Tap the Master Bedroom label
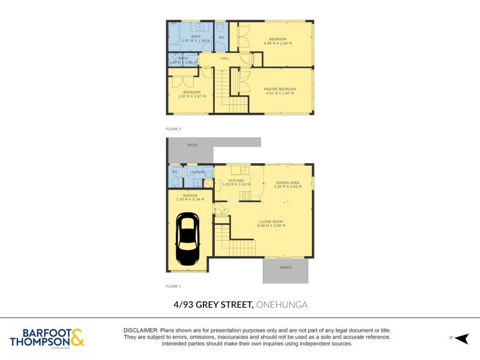tap(280, 89)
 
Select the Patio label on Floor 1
tap(192, 145)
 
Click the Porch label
tap(285, 267)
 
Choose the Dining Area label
tap(288, 182)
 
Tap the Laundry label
tap(198, 172)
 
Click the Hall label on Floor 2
tap(225, 58)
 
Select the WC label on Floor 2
tap(221, 37)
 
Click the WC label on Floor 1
tap(175, 172)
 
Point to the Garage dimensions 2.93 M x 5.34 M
tap(190, 199)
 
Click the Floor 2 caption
tap(173, 128)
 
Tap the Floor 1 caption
tap(173, 287)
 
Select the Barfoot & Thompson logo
tap(47, 338)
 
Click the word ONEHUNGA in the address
tap(281, 305)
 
